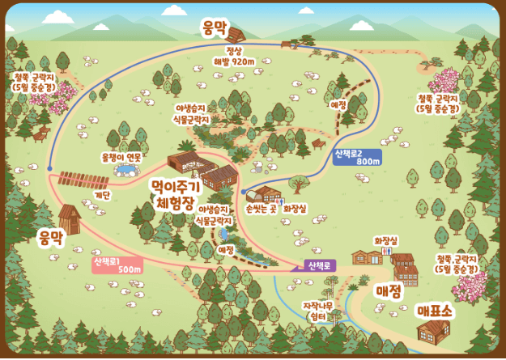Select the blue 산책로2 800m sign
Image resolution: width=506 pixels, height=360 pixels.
point(357,157)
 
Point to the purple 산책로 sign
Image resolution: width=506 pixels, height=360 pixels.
point(321,265)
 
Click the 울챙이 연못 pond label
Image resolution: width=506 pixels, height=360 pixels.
point(121,157)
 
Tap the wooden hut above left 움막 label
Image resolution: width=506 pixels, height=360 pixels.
point(70,217)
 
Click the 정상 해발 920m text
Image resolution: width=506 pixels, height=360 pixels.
point(234,55)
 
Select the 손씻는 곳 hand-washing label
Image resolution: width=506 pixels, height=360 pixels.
point(261,208)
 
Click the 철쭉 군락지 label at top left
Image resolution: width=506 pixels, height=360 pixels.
point(34,81)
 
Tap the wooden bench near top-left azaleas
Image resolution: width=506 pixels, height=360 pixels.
point(41,129)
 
